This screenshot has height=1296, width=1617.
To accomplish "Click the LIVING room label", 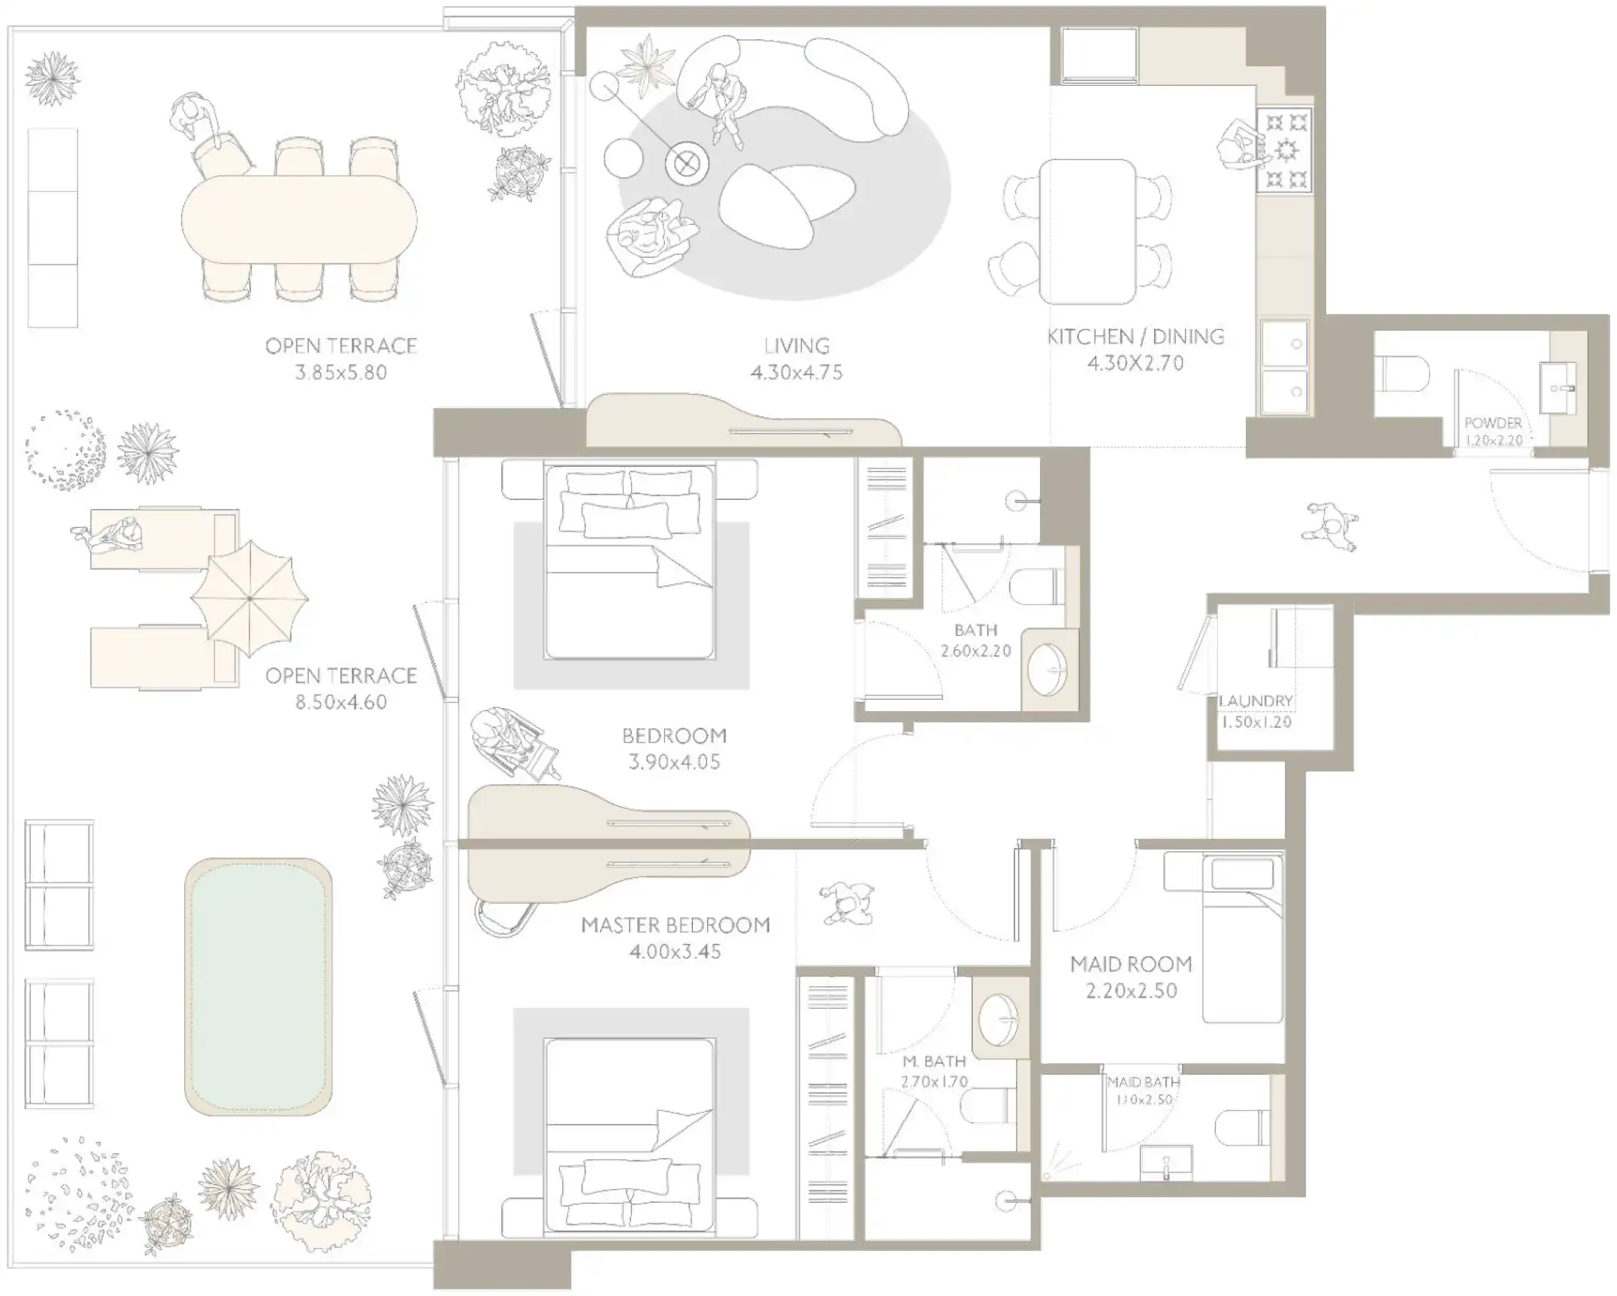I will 796,346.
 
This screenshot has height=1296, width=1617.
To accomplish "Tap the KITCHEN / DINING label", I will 1135,336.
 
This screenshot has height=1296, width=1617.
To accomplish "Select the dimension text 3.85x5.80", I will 340,372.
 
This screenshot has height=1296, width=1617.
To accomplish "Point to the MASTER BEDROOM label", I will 675,925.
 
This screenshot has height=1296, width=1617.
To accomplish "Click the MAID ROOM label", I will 1131,964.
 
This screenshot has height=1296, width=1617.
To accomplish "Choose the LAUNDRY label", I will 1256,701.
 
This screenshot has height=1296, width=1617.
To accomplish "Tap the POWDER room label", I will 1492,423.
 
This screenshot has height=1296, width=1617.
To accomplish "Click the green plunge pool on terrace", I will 258,986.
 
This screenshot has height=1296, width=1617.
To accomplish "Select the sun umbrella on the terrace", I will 249,598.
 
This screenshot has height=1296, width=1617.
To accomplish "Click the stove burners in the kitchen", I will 1287,150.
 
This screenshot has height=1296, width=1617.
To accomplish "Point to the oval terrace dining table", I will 298,219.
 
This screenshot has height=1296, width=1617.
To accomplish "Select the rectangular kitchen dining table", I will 1087,231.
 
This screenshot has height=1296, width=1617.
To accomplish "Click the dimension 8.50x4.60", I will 340,702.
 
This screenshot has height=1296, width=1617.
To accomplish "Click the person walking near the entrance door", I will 1330,526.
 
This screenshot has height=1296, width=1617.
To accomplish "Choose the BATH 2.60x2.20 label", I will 975,640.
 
